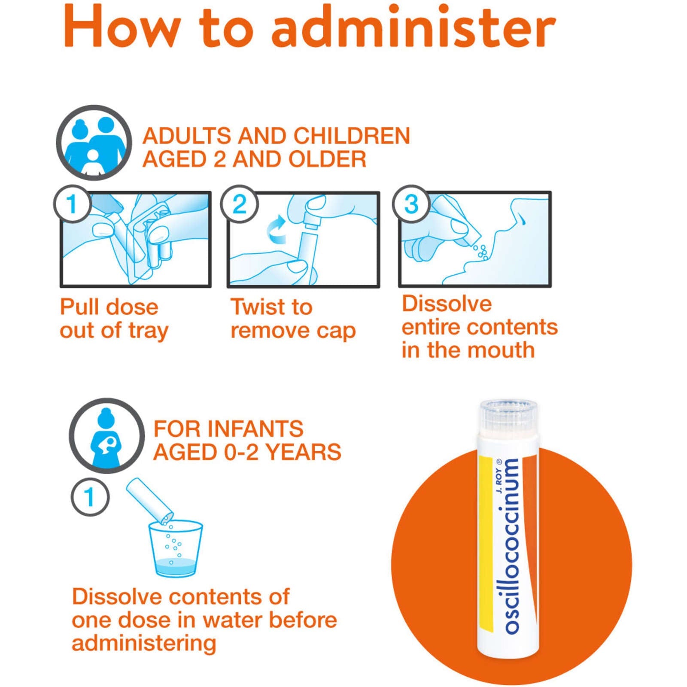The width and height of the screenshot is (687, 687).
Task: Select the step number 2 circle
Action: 240,204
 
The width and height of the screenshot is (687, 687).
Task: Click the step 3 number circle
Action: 411,204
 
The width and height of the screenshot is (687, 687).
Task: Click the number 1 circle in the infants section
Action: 90,497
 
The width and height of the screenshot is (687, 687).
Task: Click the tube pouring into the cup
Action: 149,501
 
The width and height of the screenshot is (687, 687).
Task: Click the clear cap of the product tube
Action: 508,415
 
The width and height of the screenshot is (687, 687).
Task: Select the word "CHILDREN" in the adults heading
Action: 352,136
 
